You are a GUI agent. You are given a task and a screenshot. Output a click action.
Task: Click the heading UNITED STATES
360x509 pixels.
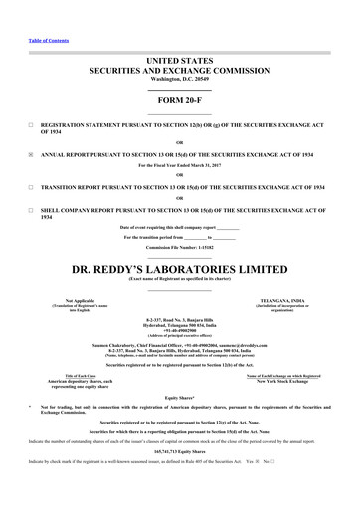(x=180, y=62)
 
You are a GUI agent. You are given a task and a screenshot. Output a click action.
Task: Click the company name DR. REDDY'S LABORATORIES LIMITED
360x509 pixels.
(x=180, y=268)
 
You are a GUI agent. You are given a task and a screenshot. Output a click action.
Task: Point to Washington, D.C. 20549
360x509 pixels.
(x=180, y=82)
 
